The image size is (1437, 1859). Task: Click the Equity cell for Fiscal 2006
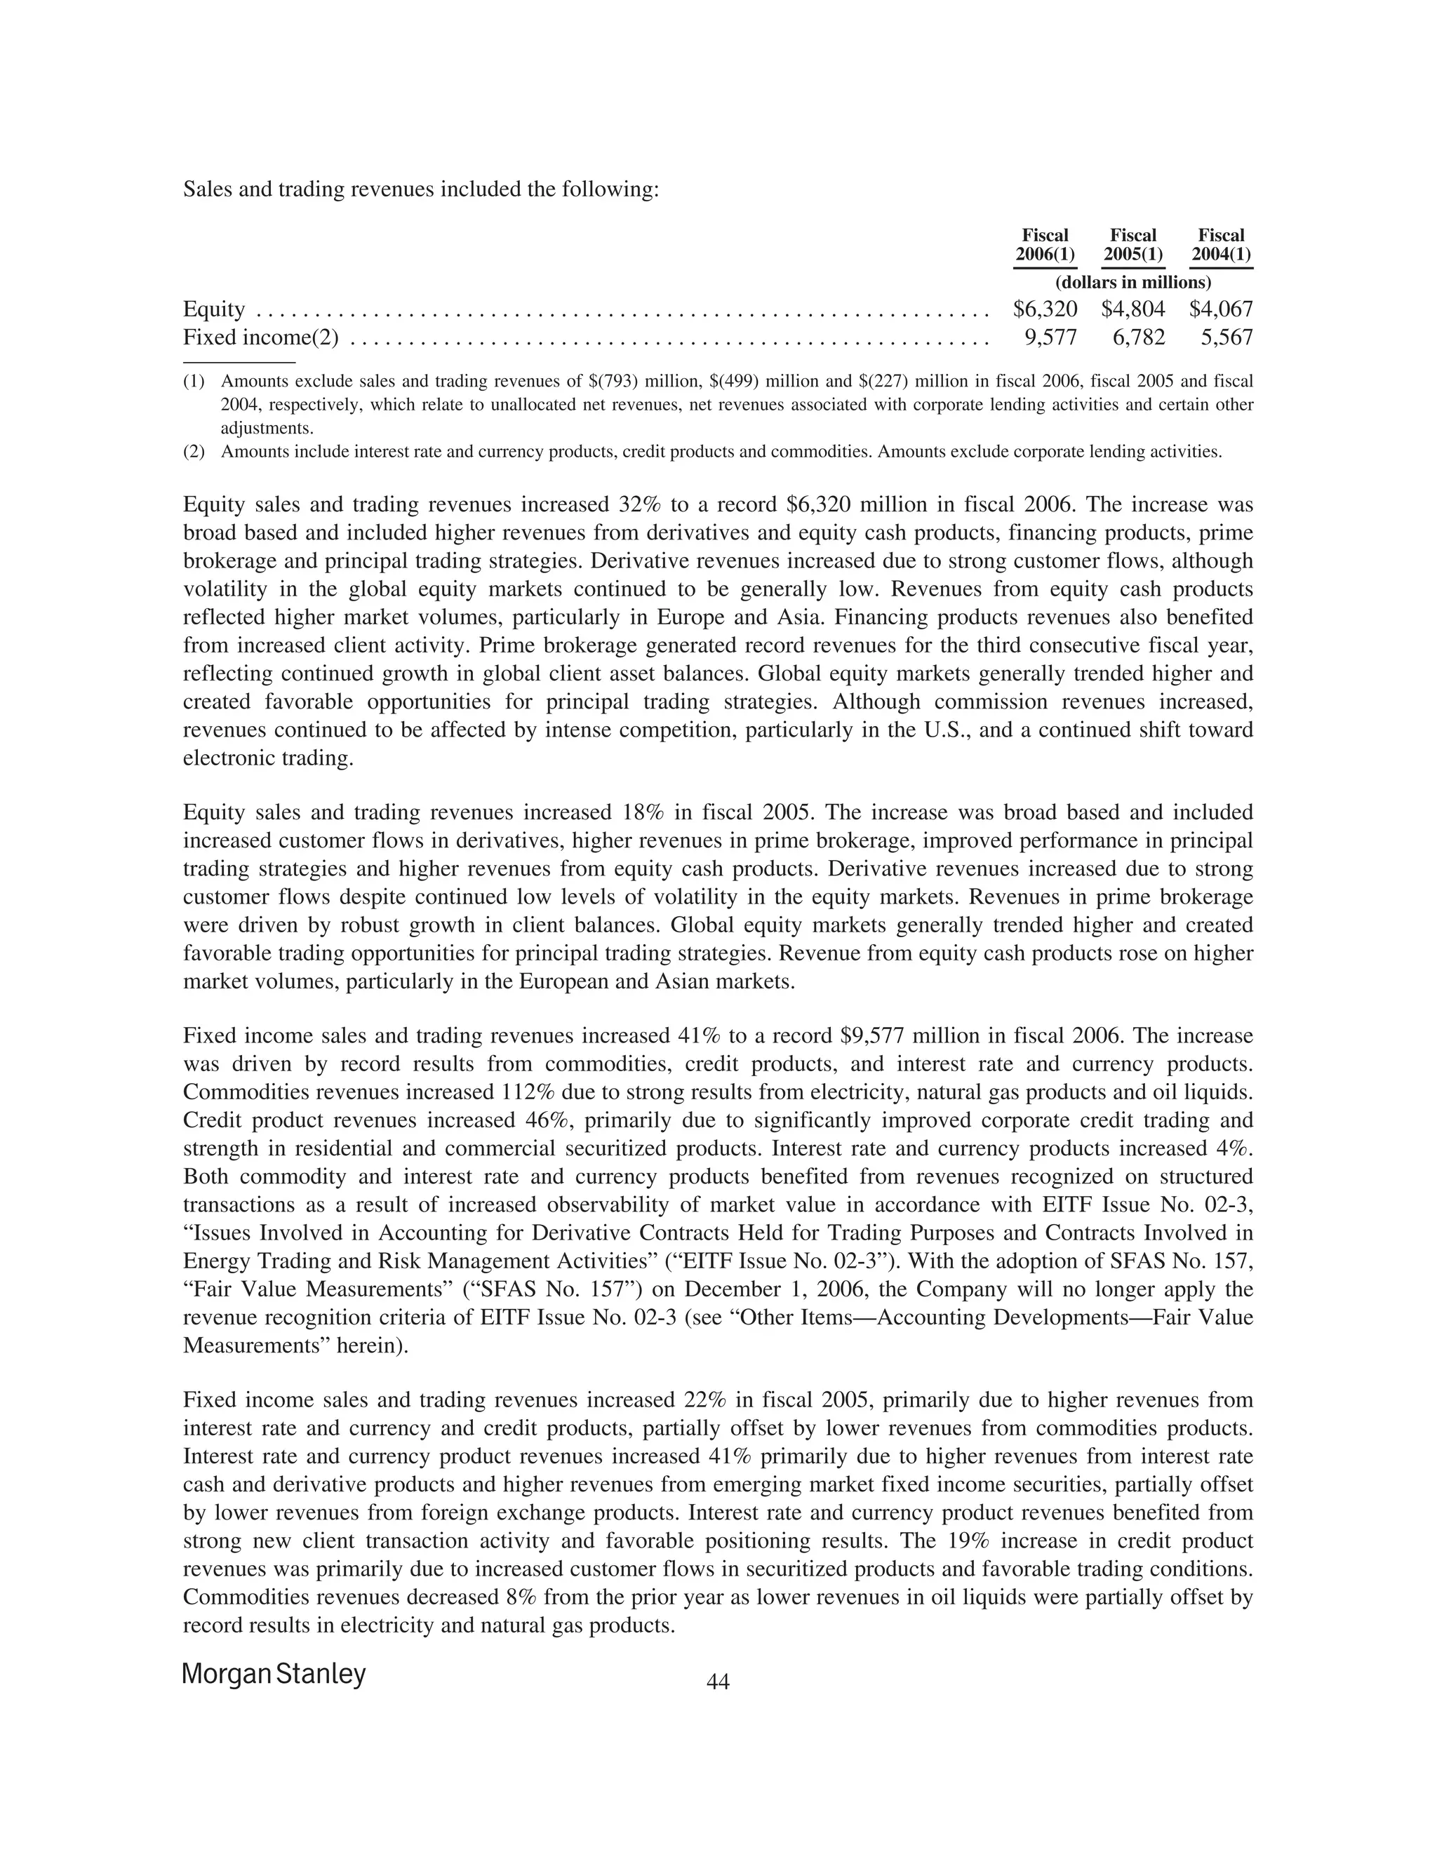(x=1045, y=309)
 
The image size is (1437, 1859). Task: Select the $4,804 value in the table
(x=1133, y=309)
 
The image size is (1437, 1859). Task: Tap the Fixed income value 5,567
(x=1226, y=338)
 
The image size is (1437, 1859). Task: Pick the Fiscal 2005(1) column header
(x=1133, y=245)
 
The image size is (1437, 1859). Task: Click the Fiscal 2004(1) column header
(x=1221, y=245)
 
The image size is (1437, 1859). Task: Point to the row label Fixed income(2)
(x=260, y=338)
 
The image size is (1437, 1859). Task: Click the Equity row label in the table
(x=214, y=309)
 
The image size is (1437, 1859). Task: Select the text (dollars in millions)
(x=1132, y=282)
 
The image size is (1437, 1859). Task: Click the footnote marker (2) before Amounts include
(x=194, y=452)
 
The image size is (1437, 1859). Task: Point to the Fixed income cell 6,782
(x=1138, y=338)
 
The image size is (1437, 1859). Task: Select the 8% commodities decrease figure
(x=516, y=1597)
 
